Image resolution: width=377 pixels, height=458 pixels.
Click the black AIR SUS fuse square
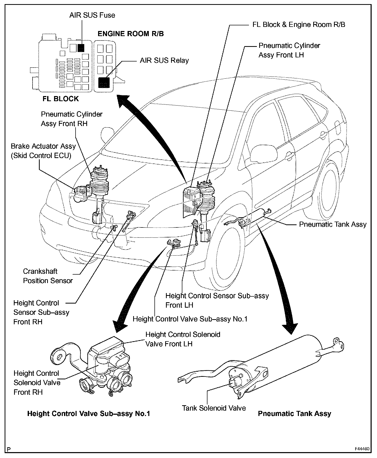[x=81, y=48]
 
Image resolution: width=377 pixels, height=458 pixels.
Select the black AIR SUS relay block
[x=104, y=82]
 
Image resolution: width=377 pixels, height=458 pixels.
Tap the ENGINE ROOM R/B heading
[x=131, y=34]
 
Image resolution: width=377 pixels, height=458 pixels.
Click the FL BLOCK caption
[x=61, y=99]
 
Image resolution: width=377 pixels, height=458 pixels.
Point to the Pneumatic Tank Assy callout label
[x=333, y=224]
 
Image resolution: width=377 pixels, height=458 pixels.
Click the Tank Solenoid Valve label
[x=214, y=408]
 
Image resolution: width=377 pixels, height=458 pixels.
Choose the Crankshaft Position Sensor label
[x=48, y=276]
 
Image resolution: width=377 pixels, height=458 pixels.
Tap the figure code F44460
[x=362, y=449]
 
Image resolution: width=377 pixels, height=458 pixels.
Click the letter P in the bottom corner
[x=9, y=449]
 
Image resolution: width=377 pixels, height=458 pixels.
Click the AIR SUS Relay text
[x=164, y=60]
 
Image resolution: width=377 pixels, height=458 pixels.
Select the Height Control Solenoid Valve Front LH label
[x=183, y=339]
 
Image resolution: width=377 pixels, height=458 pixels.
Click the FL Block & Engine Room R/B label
[x=299, y=25]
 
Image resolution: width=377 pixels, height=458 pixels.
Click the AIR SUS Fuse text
[x=92, y=15]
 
